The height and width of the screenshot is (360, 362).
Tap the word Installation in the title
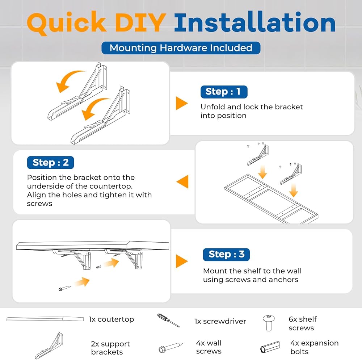[255, 22]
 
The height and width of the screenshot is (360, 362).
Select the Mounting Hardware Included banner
[181, 48]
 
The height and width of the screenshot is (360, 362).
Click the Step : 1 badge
[224, 92]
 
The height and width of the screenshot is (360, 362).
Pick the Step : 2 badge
[51, 163]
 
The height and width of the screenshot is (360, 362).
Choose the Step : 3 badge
[226, 255]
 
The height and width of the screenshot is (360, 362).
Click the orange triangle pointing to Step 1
[182, 103]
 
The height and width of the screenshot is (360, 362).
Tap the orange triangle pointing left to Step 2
[182, 182]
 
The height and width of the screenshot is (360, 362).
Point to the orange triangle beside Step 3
[182, 261]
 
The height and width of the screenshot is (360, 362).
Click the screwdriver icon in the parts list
[168, 320]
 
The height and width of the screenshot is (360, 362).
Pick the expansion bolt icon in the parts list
[270, 347]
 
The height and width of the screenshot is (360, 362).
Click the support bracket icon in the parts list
[49, 346]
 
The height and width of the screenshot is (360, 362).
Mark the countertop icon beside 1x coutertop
[45, 319]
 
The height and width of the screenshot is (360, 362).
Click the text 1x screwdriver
[220, 321]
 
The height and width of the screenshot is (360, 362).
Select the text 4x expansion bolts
[315, 347]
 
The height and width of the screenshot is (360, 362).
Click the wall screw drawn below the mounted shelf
[65, 288]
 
